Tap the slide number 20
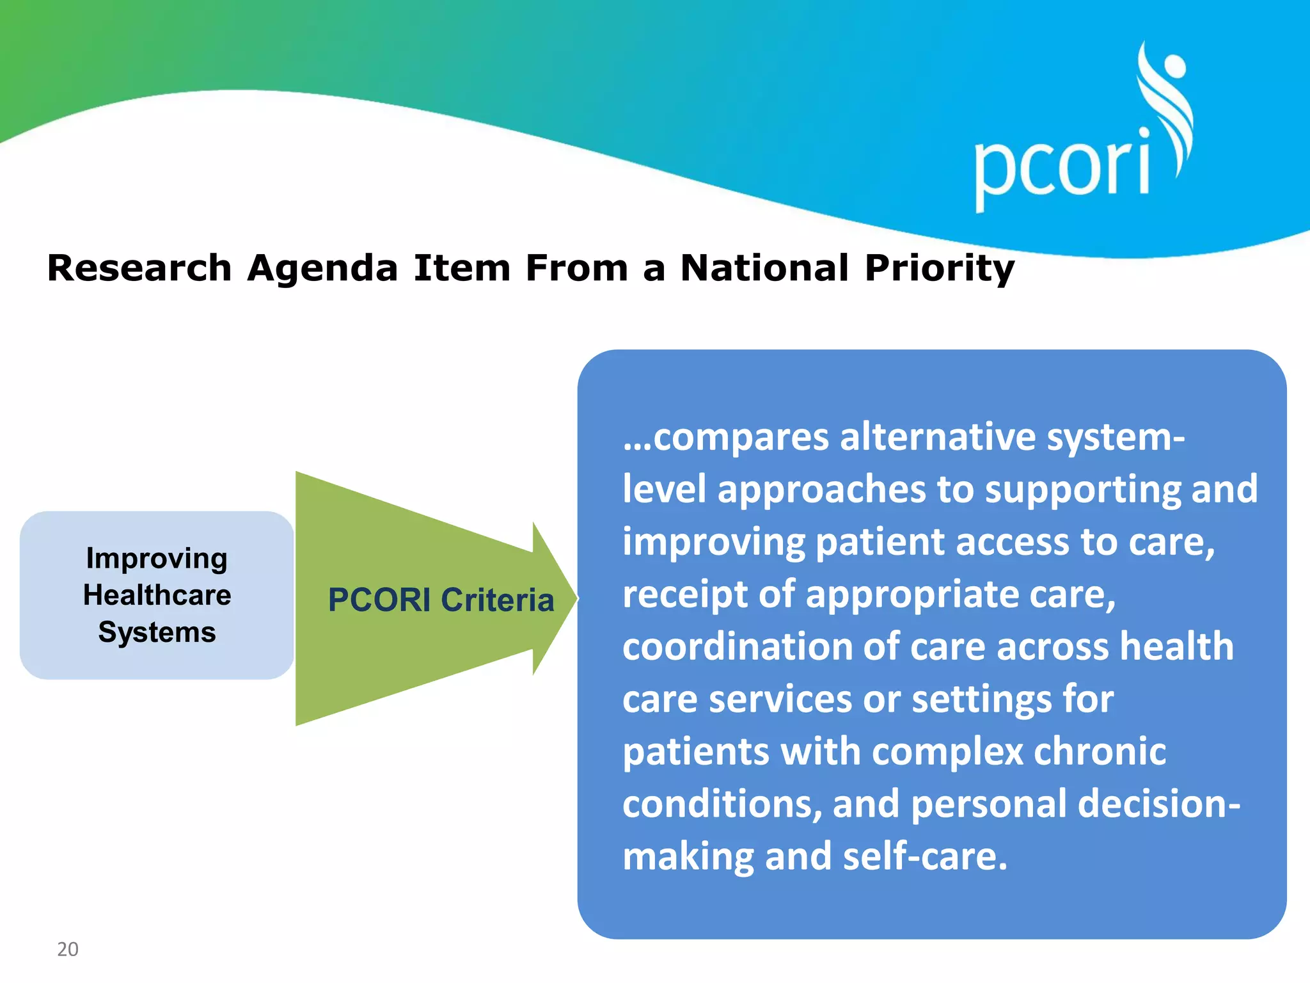point(68,949)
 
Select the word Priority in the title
point(940,269)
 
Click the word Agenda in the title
point(323,269)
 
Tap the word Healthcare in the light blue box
point(157,595)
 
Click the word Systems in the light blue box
point(157,632)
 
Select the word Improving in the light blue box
point(157,559)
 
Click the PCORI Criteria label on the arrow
point(441,600)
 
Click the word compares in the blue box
point(741,438)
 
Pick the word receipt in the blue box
point(685,595)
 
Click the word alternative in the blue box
point(938,437)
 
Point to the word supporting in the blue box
point(1082,490)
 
